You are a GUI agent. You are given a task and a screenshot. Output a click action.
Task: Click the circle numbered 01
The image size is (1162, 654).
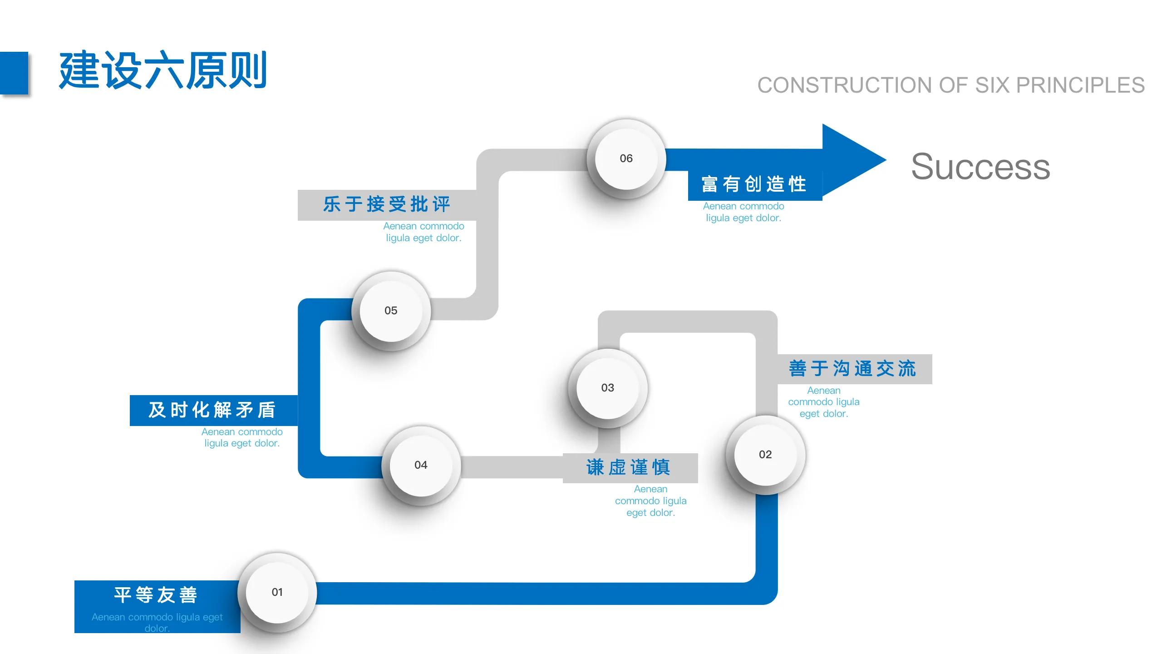click(x=277, y=592)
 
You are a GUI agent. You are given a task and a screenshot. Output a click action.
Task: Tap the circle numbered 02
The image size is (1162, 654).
click(x=765, y=455)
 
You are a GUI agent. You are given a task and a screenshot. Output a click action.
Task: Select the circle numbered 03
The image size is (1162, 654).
click(x=608, y=388)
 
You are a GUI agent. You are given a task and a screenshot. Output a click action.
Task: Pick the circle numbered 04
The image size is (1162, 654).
click(x=421, y=465)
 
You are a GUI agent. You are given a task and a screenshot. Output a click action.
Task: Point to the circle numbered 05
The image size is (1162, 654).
click(x=391, y=311)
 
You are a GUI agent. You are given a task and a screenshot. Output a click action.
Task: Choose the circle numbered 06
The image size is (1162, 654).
click(x=626, y=159)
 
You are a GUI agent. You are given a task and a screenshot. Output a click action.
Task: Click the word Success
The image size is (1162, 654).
click(x=980, y=167)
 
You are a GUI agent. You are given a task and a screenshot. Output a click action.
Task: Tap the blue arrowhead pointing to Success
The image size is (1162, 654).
click(x=849, y=160)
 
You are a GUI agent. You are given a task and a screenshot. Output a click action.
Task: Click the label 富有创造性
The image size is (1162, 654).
click(x=754, y=184)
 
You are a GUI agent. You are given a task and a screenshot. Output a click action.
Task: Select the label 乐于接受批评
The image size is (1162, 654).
click(x=387, y=204)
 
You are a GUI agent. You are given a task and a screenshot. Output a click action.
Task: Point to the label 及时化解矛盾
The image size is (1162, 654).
click(x=212, y=410)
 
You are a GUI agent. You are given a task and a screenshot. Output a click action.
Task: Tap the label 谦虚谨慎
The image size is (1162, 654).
click(x=629, y=467)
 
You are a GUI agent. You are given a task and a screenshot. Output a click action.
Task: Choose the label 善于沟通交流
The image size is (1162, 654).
click(x=853, y=369)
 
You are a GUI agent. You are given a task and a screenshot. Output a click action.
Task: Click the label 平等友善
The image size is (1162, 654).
click(x=156, y=595)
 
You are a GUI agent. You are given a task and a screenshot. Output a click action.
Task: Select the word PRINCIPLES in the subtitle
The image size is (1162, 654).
click(x=1080, y=85)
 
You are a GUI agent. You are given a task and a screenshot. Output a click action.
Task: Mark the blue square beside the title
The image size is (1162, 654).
click(x=14, y=73)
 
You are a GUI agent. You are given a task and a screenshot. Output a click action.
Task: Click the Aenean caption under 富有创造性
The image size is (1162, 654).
click(x=743, y=212)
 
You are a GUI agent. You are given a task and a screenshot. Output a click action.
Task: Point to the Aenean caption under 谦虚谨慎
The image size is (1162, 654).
click(x=650, y=501)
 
